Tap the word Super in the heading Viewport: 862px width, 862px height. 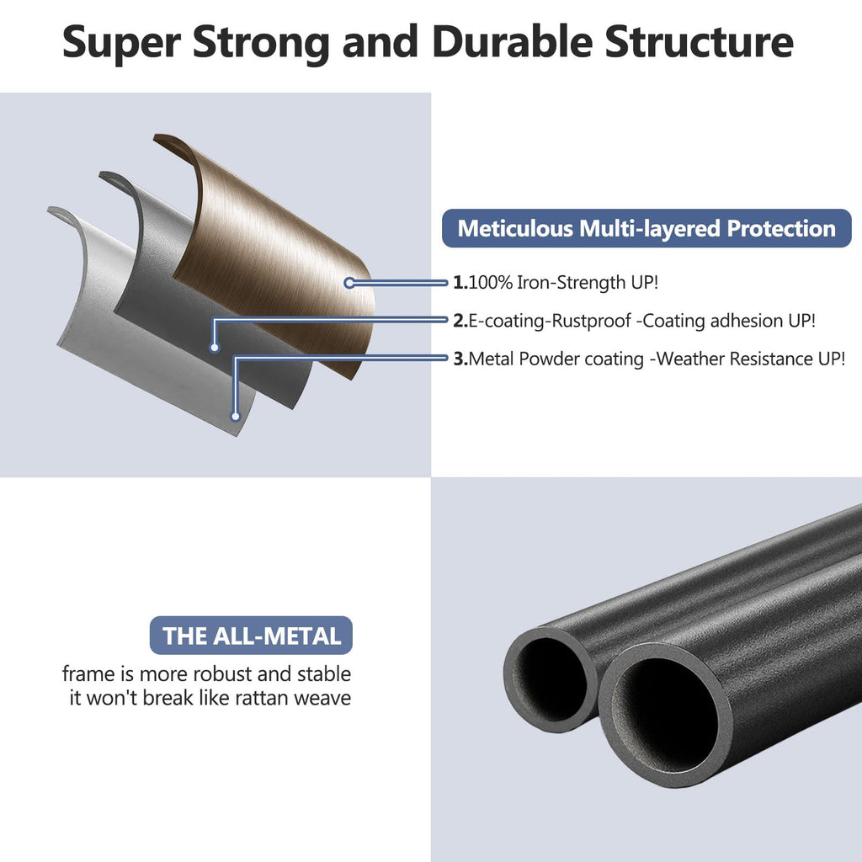[x=121, y=43]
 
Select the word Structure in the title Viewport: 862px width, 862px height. [x=700, y=42]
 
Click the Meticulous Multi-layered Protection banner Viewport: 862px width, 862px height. [x=646, y=228]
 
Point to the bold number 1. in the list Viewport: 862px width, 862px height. [x=460, y=283]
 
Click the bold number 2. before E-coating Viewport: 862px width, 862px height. [x=460, y=321]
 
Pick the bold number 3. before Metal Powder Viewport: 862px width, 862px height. [x=460, y=359]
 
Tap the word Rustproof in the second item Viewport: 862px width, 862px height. [x=590, y=321]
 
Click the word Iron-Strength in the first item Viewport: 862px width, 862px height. [x=572, y=283]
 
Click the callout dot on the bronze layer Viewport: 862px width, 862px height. [x=349, y=283]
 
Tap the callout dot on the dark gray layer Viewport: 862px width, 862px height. [x=215, y=348]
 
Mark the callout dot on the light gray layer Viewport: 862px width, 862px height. [x=236, y=417]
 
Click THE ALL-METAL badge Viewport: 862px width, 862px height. [x=251, y=636]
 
